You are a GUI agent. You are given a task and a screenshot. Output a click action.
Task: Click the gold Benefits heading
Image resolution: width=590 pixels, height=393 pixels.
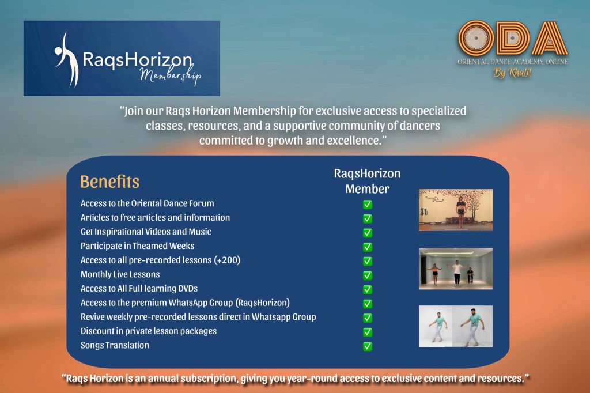[x=110, y=182]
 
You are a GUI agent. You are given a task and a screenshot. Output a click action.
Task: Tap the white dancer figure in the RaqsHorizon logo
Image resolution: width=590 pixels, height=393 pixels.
[x=67, y=61]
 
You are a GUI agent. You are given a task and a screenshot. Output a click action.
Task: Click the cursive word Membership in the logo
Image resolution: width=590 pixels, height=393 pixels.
[x=171, y=74]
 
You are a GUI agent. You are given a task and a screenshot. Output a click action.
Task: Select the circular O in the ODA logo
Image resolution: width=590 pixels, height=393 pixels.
[x=476, y=38]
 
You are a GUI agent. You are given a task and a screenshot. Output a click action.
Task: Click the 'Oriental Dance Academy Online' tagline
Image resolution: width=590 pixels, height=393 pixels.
[x=513, y=61]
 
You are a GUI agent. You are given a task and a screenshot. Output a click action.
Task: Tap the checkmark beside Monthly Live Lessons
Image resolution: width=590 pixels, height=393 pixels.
[x=368, y=275]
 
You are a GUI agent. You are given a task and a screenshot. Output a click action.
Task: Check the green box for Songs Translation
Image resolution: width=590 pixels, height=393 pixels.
[x=368, y=346]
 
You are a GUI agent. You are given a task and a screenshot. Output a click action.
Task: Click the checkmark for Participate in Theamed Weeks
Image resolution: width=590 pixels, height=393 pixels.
[x=368, y=247]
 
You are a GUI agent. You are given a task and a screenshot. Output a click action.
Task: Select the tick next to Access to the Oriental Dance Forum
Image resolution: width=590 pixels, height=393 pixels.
[x=368, y=205]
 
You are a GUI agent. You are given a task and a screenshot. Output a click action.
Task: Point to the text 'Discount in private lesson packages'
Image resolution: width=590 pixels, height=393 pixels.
[x=149, y=331]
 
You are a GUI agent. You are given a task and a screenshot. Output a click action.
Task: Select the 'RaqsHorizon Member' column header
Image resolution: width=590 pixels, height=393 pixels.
[x=368, y=181]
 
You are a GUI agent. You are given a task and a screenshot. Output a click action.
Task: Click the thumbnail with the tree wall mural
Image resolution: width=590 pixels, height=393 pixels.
[x=456, y=210]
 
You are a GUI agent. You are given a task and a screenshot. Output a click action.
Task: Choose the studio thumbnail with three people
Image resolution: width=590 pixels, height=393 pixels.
[x=456, y=269]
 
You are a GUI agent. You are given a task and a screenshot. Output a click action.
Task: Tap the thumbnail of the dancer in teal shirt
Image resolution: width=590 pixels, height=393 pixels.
[x=456, y=326]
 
